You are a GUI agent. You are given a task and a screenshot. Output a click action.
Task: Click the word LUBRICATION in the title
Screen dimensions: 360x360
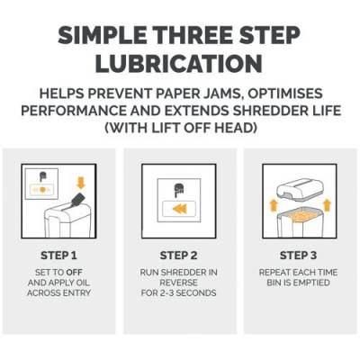[179, 63]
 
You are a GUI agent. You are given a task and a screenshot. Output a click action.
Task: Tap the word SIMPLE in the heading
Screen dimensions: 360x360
[102, 35]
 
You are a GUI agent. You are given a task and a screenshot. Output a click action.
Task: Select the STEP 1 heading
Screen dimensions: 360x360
[58, 256]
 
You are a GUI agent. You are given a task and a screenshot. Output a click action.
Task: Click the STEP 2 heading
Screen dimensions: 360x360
[179, 256]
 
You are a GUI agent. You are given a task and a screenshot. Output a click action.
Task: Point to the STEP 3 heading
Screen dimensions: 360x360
[298, 256]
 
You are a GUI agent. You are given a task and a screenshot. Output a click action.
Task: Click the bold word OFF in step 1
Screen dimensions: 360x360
[74, 273]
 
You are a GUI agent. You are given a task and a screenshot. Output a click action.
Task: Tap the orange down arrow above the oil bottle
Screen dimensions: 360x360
[81, 183]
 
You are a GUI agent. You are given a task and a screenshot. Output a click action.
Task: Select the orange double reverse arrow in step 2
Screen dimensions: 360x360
[180, 209]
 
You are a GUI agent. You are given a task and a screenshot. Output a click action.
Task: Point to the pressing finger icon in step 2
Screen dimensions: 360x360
[179, 190]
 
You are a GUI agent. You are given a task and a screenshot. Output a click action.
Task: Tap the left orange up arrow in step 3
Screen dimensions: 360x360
[274, 205]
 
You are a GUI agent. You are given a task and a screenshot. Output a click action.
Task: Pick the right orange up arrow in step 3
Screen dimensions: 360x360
[327, 205]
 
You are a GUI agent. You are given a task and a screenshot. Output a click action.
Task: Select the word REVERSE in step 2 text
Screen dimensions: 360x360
[178, 283]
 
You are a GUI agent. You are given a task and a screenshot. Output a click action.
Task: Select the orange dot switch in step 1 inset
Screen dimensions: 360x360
[42, 190]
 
